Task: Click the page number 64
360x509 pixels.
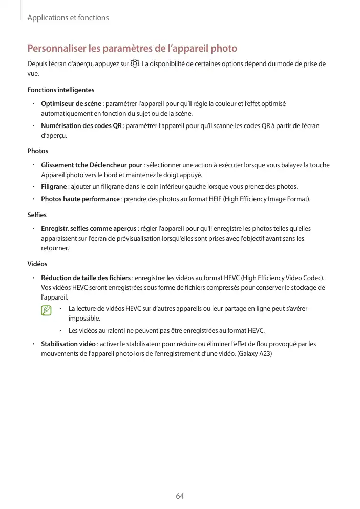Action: pyautogui.click(x=180, y=496)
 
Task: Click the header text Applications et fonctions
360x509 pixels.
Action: pyautogui.click(x=68, y=18)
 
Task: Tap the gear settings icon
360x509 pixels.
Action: pyautogui.click(x=135, y=64)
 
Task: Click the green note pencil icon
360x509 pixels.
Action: pyautogui.click(x=47, y=310)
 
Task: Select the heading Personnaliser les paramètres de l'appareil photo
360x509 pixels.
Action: pyautogui.click(x=132, y=49)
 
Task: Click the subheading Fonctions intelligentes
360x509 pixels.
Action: pyautogui.click(x=60, y=90)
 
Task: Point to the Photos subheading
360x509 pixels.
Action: pyautogui.click(x=37, y=151)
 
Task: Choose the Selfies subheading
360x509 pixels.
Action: pyautogui.click(x=37, y=215)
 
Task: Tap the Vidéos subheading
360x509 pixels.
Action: pyautogui.click(x=37, y=264)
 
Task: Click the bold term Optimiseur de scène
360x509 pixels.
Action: pyautogui.click(x=71, y=104)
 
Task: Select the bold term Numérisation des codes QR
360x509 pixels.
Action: pyautogui.click(x=81, y=126)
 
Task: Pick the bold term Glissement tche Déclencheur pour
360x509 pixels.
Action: pyautogui.click(x=92, y=165)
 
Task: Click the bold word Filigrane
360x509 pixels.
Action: pyautogui.click(x=54, y=186)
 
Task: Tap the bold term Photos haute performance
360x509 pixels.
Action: pyautogui.click(x=80, y=199)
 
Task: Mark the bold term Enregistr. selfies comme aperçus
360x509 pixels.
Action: pyautogui.click(x=89, y=228)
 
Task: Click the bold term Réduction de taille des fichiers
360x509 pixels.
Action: pyautogui.click(x=86, y=278)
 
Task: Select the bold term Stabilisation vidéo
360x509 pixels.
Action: pyautogui.click(x=68, y=344)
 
